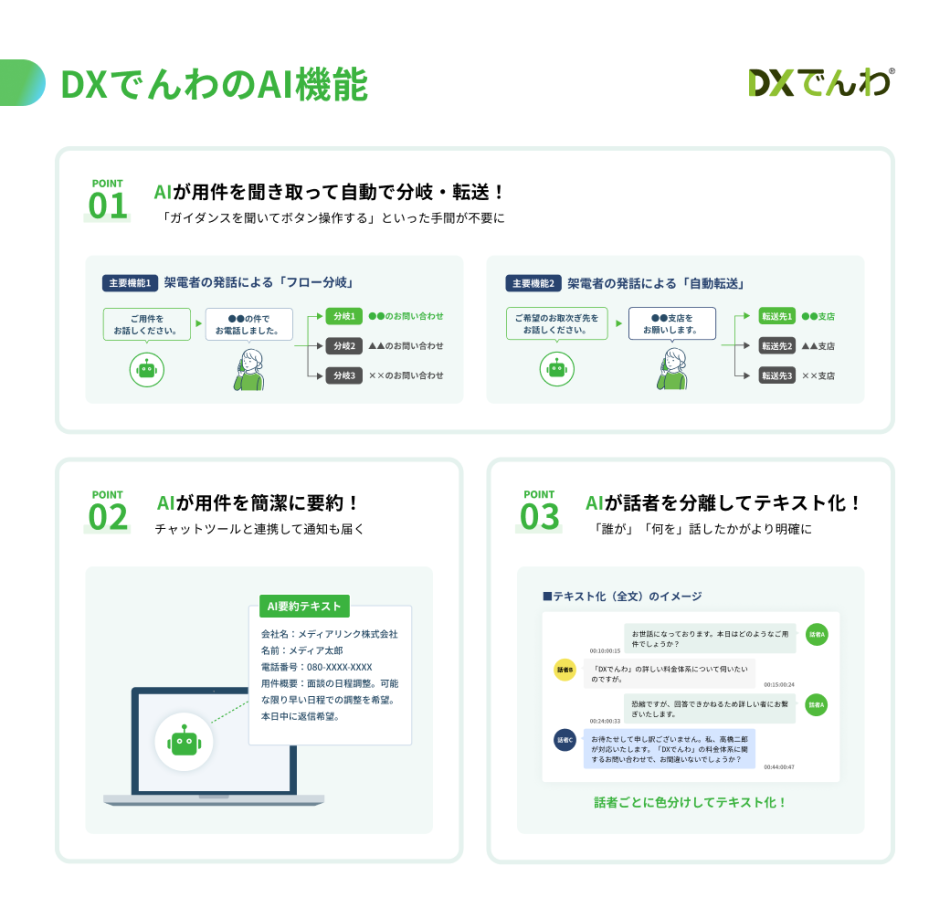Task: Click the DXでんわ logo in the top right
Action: pyautogui.click(x=820, y=83)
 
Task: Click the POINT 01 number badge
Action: pyautogui.click(x=108, y=200)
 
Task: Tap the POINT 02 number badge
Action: pyautogui.click(x=108, y=511)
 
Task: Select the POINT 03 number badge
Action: pyautogui.click(x=539, y=511)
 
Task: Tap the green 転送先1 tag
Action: pyautogui.click(x=777, y=316)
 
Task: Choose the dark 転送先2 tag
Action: pyautogui.click(x=777, y=346)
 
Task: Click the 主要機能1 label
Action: pyautogui.click(x=130, y=283)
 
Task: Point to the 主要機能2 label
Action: pyautogui.click(x=533, y=283)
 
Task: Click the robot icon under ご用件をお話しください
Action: pyautogui.click(x=146, y=369)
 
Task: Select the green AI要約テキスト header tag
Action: pyautogui.click(x=300, y=606)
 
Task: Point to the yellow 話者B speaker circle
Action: pyautogui.click(x=565, y=669)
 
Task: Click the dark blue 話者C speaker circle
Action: pyautogui.click(x=565, y=741)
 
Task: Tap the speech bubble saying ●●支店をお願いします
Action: pyautogui.click(x=672, y=323)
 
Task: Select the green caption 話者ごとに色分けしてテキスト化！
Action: pyautogui.click(x=690, y=802)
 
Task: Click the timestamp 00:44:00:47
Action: pyautogui.click(x=779, y=767)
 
